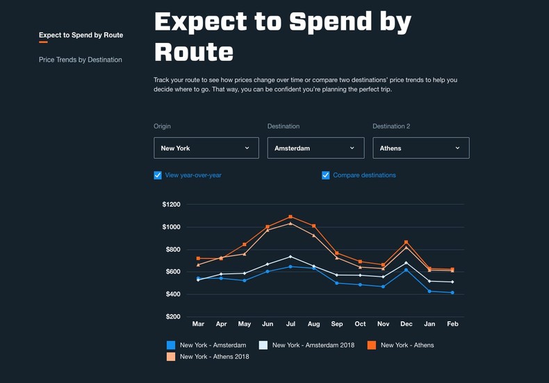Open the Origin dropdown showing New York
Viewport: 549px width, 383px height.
click(x=206, y=148)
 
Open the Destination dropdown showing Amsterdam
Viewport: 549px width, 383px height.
click(x=315, y=148)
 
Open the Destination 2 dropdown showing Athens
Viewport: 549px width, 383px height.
click(x=420, y=148)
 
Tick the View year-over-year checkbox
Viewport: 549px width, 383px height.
click(x=158, y=176)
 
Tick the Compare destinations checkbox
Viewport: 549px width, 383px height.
click(x=326, y=176)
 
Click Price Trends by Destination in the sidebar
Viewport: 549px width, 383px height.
click(x=81, y=60)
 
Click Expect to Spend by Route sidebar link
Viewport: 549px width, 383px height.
click(x=81, y=35)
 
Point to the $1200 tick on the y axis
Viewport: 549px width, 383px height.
click(x=171, y=205)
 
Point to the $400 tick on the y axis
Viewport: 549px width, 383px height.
click(x=171, y=294)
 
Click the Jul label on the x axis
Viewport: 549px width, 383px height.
click(x=290, y=324)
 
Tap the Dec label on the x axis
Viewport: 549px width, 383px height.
click(x=406, y=324)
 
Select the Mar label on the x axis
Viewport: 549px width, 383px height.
click(x=198, y=324)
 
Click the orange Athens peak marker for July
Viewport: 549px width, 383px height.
click(x=290, y=217)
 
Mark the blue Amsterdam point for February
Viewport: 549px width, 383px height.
click(x=452, y=293)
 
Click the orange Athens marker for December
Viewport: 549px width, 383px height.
click(x=406, y=242)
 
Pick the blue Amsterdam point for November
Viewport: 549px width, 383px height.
click(x=383, y=287)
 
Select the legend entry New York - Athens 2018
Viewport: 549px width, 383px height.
click(x=214, y=357)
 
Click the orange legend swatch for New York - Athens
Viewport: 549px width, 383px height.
click(x=372, y=345)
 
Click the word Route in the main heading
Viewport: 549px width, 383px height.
click(x=194, y=52)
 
